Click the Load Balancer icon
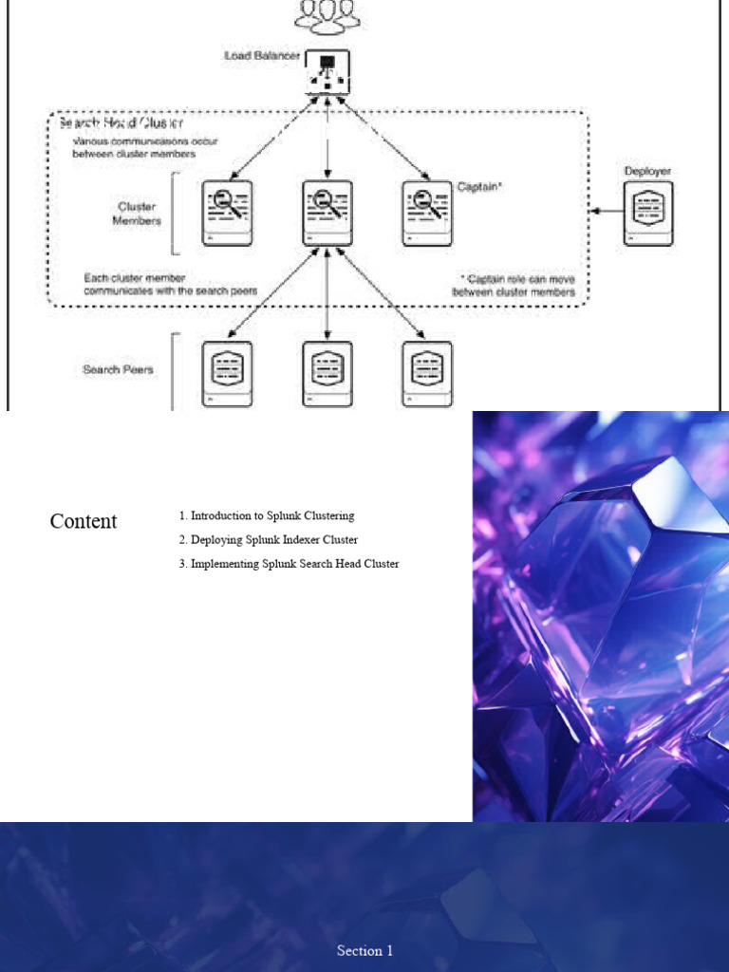click(327, 72)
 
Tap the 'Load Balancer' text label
click(261, 56)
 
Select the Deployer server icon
click(648, 214)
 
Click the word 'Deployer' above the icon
click(647, 172)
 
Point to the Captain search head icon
click(427, 214)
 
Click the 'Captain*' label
click(479, 187)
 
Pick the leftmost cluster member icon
click(228, 214)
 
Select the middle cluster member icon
click(327, 214)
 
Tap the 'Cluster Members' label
click(137, 214)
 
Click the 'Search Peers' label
click(120, 369)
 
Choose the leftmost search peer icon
click(228, 373)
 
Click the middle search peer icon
click(327, 373)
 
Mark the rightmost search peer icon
click(427, 373)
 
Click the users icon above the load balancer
click(327, 15)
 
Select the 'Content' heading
click(84, 521)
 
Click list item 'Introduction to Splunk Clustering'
click(267, 516)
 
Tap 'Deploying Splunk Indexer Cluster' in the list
click(269, 540)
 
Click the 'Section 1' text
click(364, 950)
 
